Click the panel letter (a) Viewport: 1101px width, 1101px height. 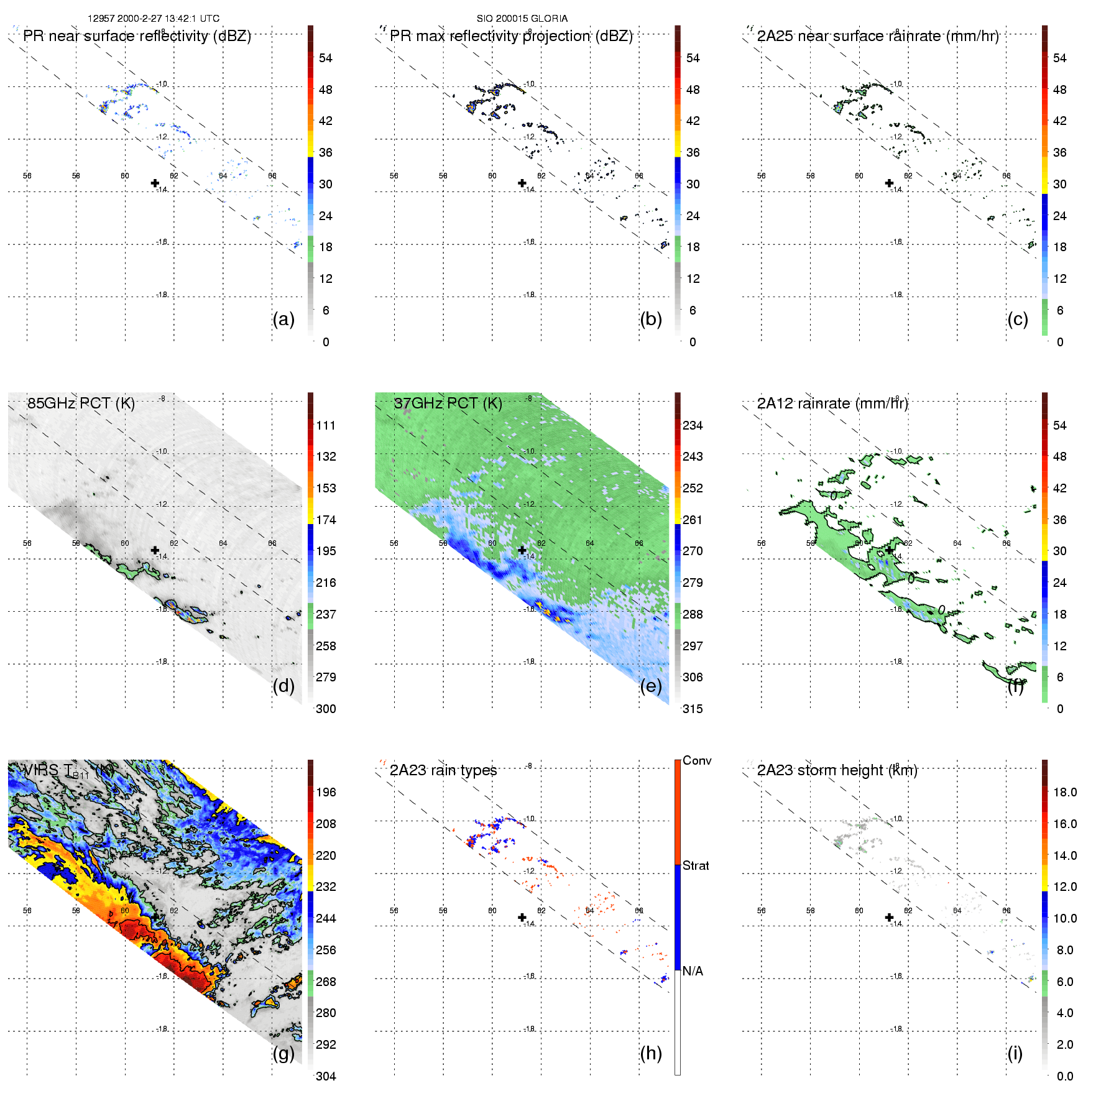pyautogui.click(x=283, y=319)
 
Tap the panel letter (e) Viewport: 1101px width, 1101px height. pyautogui.click(x=650, y=686)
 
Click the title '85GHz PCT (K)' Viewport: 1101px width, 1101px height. pyautogui.click(x=81, y=403)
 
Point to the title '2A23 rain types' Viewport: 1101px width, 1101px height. pyautogui.click(x=443, y=770)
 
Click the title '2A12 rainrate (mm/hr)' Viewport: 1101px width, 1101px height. pyautogui.click(x=832, y=403)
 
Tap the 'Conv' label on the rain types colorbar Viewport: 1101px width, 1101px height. pyautogui.click(x=696, y=760)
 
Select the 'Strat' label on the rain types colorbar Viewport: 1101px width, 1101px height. pyautogui.click(x=695, y=865)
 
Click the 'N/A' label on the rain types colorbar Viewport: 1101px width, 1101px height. pyautogui.click(x=693, y=971)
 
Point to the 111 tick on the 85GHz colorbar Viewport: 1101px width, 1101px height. pyautogui.click(x=325, y=425)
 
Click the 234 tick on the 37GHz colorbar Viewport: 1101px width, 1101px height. pyautogui.click(x=693, y=425)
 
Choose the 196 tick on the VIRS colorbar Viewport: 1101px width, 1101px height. pyautogui.click(x=325, y=792)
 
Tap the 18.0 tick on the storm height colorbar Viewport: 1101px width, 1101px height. pyautogui.click(x=1064, y=792)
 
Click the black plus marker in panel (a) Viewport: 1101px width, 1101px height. pyautogui.click(x=155, y=183)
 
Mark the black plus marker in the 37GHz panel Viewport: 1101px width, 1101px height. pyautogui.click(x=522, y=550)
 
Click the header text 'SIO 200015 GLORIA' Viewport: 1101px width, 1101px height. pyautogui.click(x=522, y=19)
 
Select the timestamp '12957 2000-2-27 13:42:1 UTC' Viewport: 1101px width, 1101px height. pyautogui.click(x=153, y=19)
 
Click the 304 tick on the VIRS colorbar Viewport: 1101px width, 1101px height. pyautogui.click(x=325, y=1076)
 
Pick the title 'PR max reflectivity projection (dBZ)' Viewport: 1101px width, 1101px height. pyautogui.click(x=511, y=36)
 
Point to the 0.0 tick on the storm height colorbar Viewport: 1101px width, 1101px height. pyautogui.click(x=1064, y=1076)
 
